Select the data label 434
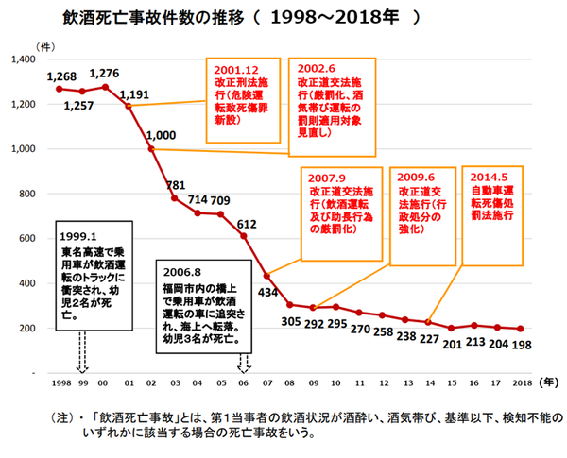268,294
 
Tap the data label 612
248,223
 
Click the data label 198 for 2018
522,345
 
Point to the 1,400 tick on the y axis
23,59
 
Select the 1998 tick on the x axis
59,384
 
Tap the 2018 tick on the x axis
521,384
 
